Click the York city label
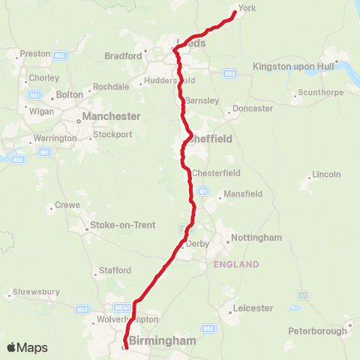pos(247,10)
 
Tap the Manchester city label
pos(111,116)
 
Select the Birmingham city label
pos(162,340)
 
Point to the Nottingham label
pos(256,238)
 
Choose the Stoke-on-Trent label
pos(122,225)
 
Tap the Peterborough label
pos(317,330)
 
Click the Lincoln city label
pos(326,174)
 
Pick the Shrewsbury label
pos(36,292)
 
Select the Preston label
pos(35,54)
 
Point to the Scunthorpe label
pos(320,93)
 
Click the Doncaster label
pos(253,109)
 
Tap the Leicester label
pos(252,307)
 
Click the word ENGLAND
pos(236,264)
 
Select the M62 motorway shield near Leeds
pos(230,73)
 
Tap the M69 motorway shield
pos(209,328)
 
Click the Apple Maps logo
pos(27,347)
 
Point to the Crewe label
pos(67,205)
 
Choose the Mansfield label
pos(244,193)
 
